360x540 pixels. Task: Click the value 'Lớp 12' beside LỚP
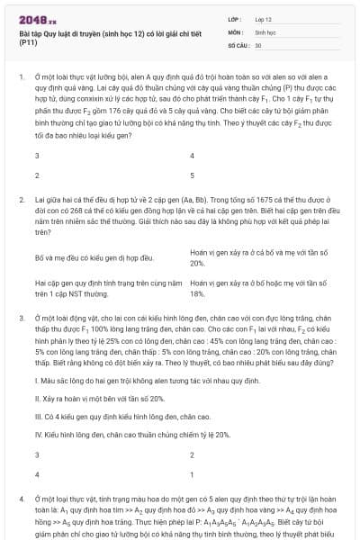264,18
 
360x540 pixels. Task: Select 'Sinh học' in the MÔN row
264,31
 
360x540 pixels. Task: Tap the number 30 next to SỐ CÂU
258,44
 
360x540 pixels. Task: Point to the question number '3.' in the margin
21,318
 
